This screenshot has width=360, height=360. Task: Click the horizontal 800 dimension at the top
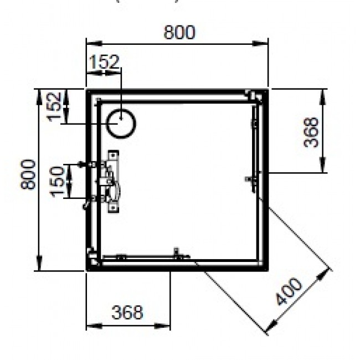pos(179,33)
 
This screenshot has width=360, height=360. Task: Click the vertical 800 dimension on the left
pos(29,174)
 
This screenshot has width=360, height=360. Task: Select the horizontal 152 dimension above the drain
pos(104,61)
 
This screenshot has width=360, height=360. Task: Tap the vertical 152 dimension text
pos(54,106)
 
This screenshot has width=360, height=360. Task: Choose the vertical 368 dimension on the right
pos(313,131)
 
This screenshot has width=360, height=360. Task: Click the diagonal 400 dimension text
pos(289,292)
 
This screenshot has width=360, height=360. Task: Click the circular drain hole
pos(120,122)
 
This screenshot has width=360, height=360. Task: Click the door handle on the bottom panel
pos(178,255)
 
